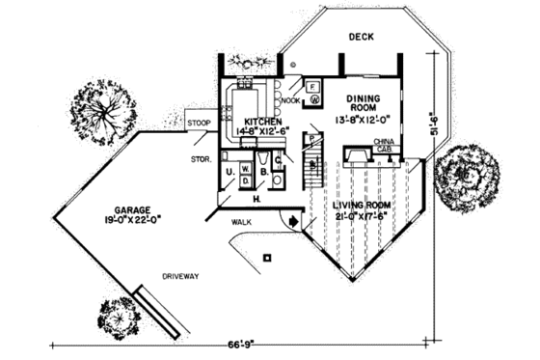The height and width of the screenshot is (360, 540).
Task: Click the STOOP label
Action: (x=200, y=124)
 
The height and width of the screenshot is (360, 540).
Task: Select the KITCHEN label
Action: (x=262, y=123)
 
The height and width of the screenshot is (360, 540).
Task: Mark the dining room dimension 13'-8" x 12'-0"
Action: (x=364, y=122)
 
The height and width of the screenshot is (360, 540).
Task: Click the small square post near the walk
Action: (x=269, y=257)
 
